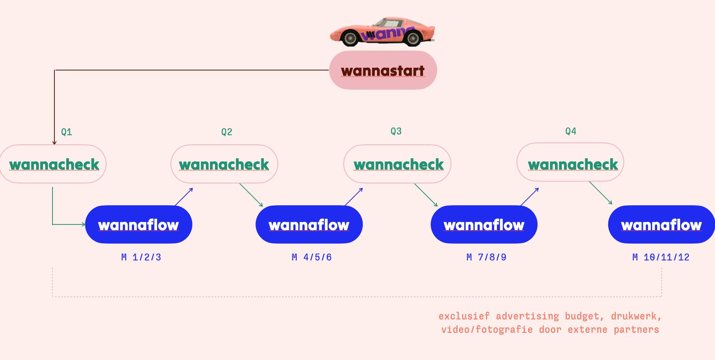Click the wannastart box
click(x=383, y=70)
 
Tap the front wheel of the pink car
click(x=350, y=38)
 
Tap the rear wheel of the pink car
click(x=413, y=38)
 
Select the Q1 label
click(x=67, y=132)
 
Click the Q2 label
click(x=227, y=132)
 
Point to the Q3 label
click(x=396, y=131)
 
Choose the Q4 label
click(x=571, y=131)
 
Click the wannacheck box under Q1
click(x=53, y=164)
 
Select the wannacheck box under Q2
click(x=224, y=164)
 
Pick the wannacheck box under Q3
click(x=397, y=164)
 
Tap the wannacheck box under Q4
click(x=571, y=162)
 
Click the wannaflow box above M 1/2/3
click(x=139, y=224)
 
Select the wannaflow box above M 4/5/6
click(x=309, y=224)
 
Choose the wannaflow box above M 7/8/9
click(x=484, y=224)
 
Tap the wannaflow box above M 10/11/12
click(x=661, y=224)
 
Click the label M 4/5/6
click(x=312, y=257)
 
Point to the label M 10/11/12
click(x=661, y=257)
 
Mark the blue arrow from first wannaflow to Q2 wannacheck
click(x=184, y=197)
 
